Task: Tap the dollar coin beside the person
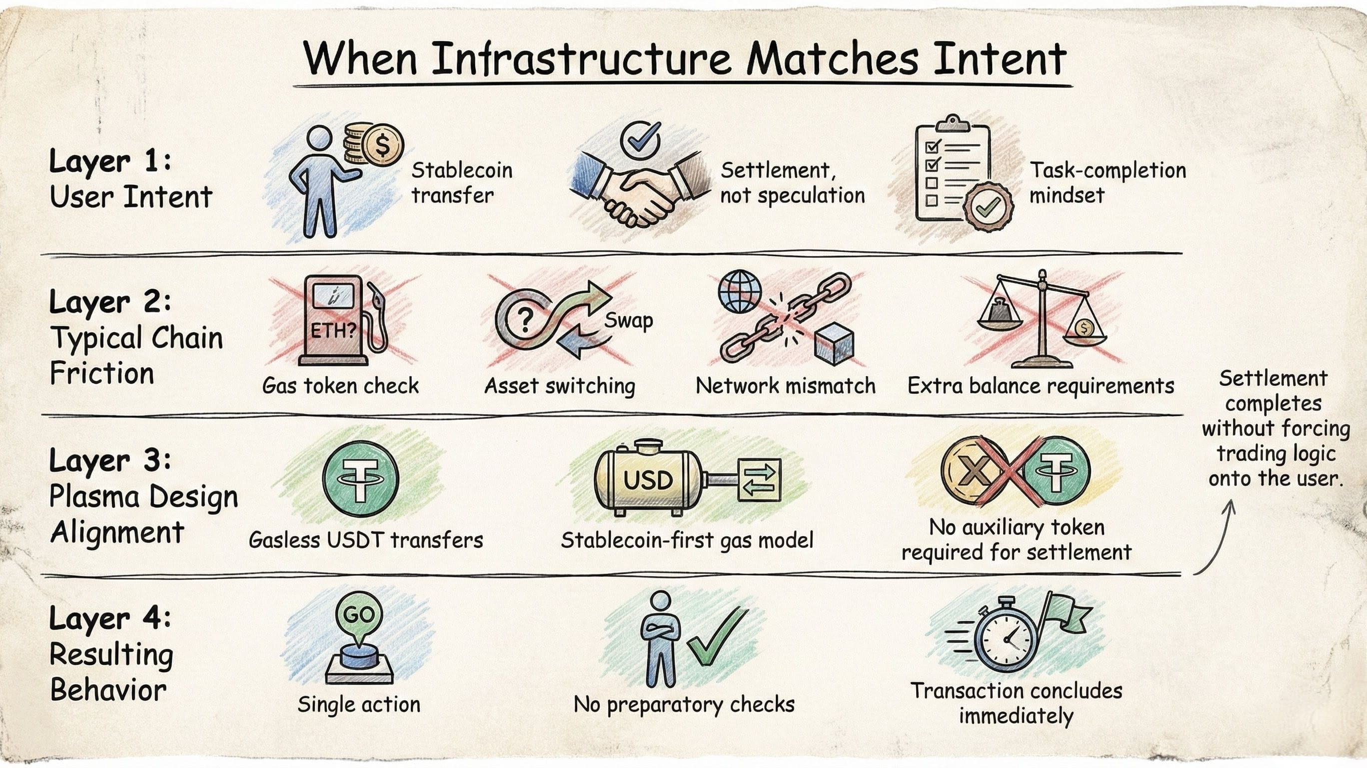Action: tap(381, 145)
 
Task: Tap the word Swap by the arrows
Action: tap(628, 320)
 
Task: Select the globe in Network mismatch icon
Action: tap(739, 291)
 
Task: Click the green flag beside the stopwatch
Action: tap(1066, 616)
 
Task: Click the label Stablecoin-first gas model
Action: tap(687, 540)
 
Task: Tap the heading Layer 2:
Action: tap(110, 302)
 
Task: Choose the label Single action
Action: tap(359, 704)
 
